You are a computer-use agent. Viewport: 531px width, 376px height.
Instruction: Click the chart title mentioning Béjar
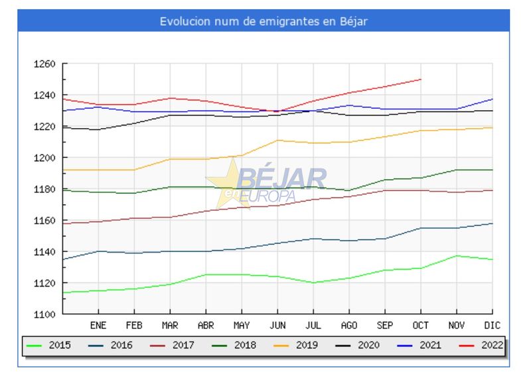point(264,21)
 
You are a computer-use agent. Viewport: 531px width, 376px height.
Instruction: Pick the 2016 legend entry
point(112,345)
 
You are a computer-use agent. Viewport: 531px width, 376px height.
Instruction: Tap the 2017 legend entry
point(173,345)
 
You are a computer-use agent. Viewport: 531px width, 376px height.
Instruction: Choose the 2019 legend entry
point(296,345)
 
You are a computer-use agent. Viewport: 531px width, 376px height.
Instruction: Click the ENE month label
point(98,326)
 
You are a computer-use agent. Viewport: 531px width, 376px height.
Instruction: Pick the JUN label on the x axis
point(277,326)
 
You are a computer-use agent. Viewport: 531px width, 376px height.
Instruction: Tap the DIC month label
point(493,326)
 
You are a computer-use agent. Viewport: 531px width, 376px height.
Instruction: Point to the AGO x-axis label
point(349,326)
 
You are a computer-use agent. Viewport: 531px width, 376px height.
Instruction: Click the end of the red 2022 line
point(421,80)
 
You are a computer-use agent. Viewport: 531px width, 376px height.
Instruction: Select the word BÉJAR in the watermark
point(281,178)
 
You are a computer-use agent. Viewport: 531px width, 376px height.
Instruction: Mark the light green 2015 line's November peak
point(457,256)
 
